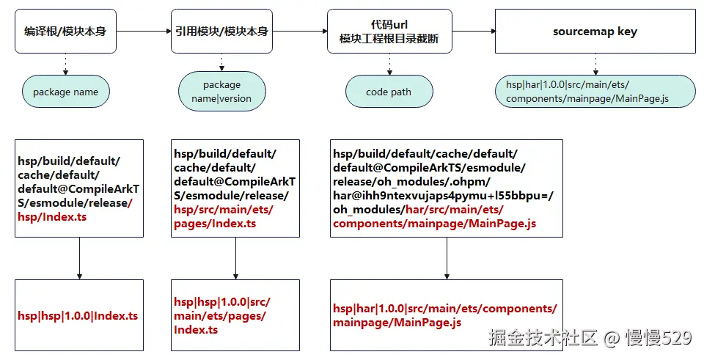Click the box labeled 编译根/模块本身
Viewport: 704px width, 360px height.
pos(66,31)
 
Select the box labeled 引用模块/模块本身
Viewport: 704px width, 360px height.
pos(221,31)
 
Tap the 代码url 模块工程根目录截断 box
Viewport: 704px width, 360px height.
pos(389,31)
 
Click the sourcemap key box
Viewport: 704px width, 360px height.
pos(595,31)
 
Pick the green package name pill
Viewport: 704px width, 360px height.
pos(66,92)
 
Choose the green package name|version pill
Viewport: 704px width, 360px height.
pos(221,92)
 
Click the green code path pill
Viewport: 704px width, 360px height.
pos(389,92)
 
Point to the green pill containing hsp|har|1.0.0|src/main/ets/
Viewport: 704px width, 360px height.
pos(595,92)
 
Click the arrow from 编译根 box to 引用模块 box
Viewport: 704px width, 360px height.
pos(144,31)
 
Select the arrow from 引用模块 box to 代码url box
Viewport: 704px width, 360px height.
pos(300,31)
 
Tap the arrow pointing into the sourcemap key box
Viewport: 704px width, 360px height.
pos(473,31)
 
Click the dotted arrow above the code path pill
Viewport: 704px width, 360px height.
pos(389,64)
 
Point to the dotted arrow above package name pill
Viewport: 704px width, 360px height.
pos(66,64)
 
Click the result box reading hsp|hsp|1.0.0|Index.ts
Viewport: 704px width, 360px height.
pos(78,316)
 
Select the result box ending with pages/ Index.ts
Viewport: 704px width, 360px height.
pos(235,316)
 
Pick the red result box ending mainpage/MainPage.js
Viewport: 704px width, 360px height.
pos(446,316)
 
